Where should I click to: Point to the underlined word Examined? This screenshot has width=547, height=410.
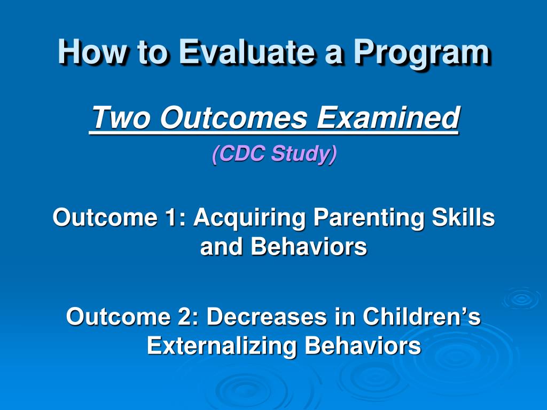388,117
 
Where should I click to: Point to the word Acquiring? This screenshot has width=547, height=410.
249,218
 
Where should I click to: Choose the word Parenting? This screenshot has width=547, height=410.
369,218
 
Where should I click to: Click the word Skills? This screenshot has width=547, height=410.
463,217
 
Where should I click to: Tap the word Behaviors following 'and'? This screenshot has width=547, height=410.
309,247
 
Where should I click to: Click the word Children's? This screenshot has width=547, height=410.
422,316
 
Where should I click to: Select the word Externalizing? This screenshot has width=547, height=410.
222,346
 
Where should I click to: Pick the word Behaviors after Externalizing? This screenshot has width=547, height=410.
363,345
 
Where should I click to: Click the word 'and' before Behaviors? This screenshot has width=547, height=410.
221,247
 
